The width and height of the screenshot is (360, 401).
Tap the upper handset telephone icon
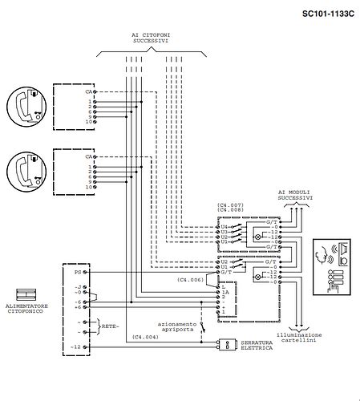tap(26, 104)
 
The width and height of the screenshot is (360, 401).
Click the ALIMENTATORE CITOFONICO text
tap(26, 310)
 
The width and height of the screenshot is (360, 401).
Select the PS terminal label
tap(77, 272)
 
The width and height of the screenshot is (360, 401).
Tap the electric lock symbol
tap(227, 344)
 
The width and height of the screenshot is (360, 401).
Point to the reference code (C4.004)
tap(145, 337)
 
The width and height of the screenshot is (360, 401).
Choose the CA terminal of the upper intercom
tap(88, 92)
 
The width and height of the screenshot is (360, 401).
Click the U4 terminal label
tap(224, 226)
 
